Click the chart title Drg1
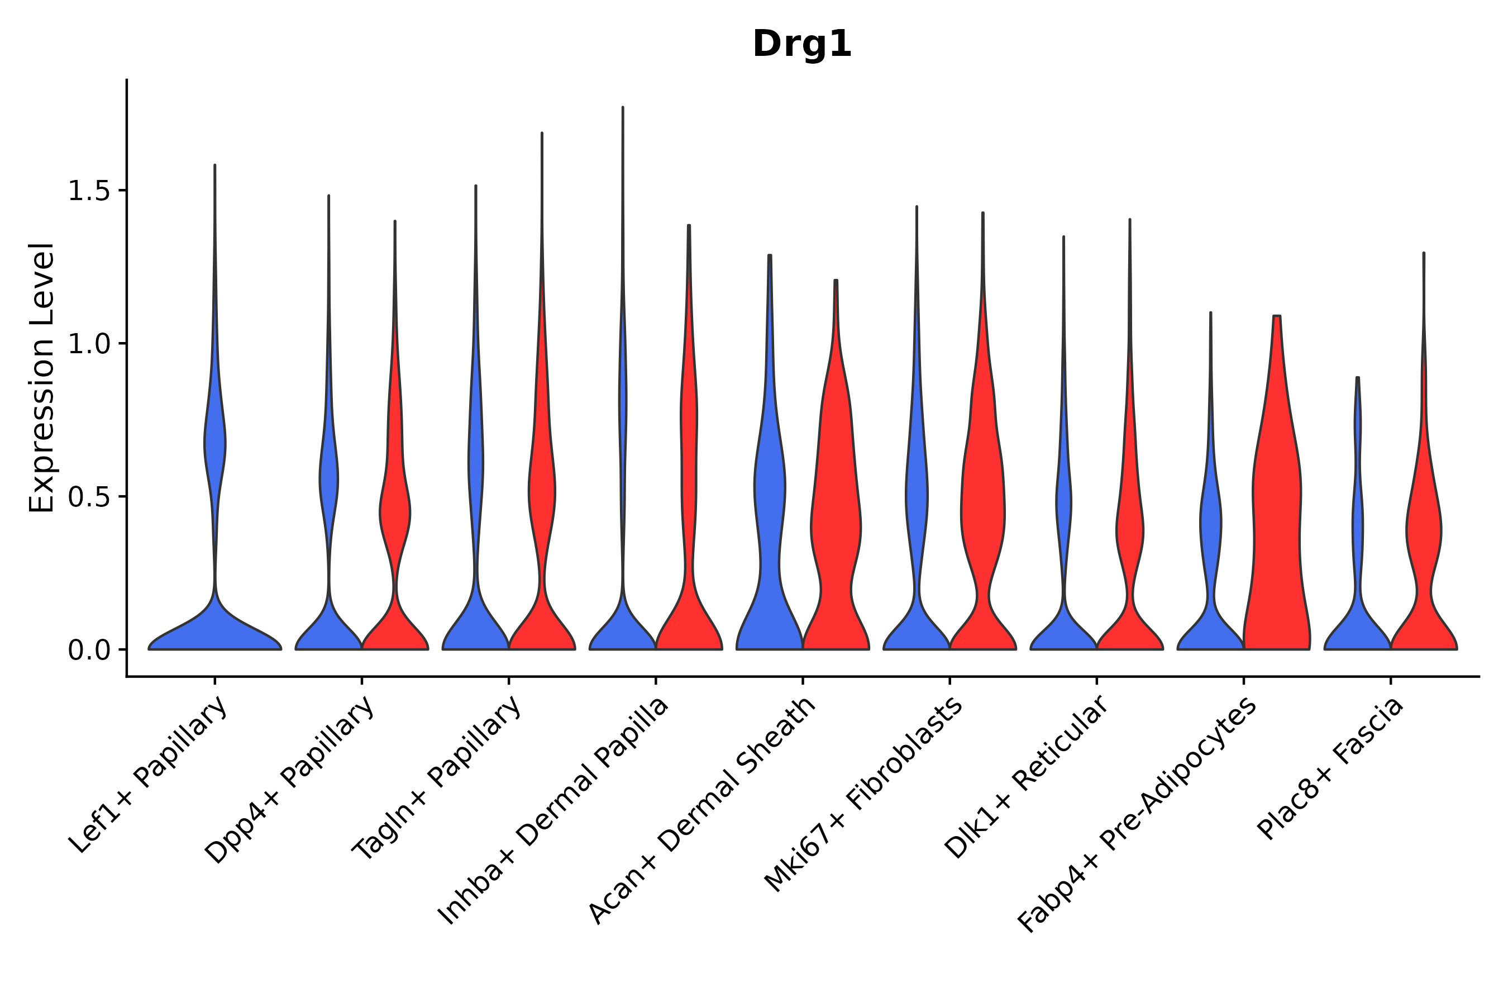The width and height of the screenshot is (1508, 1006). [x=801, y=44]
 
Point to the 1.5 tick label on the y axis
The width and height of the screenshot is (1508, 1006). [x=88, y=191]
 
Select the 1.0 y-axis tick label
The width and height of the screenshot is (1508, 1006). [x=88, y=344]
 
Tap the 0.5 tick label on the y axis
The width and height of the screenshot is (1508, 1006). [x=88, y=497]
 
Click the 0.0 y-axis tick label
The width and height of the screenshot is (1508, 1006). [x=88, y=651]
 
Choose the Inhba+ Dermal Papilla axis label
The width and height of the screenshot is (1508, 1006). [x=554, y=811]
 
